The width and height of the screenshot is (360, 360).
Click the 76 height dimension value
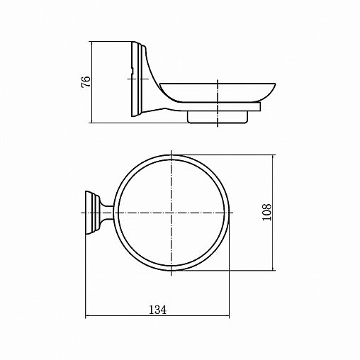86,82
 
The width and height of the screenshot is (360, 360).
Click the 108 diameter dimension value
266,213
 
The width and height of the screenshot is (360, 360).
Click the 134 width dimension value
157,310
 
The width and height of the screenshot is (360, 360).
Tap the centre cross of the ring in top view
171,213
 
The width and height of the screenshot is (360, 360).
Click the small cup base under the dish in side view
218,117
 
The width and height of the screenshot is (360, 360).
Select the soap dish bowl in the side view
218,93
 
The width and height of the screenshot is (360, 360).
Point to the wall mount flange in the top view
92,213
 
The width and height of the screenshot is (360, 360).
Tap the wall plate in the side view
137,79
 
